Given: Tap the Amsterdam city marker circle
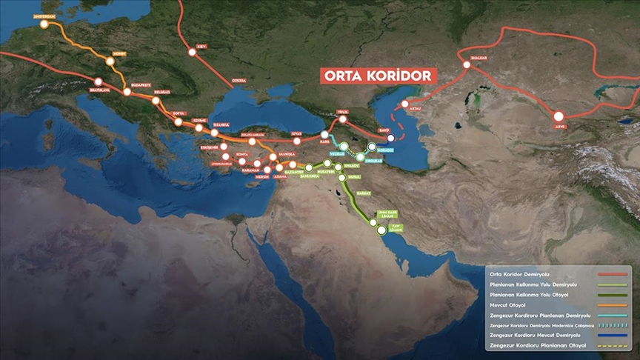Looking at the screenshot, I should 44,24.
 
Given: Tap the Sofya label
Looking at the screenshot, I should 178,113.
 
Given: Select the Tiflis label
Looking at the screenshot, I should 342,111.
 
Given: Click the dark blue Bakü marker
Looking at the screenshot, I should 390,138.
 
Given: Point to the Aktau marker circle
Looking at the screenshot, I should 405,104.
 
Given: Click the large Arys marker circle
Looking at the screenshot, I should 559,116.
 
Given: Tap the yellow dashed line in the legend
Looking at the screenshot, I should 613,345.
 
